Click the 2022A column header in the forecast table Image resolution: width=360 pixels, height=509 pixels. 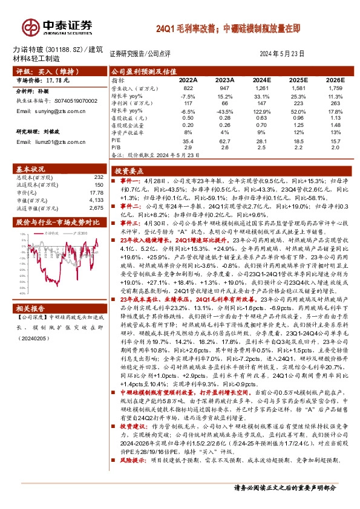pyautogui.click(x=188, y=80)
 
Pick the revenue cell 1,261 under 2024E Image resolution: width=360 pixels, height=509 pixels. pyautogui.click(x=262, y=88)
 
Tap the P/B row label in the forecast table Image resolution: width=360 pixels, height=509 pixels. pyautogui.click(x=117, y=147)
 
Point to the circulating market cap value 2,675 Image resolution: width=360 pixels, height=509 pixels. pyautogui.click(x=97, y=208)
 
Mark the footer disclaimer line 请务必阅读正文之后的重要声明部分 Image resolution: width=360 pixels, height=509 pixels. pyautogui.click(x=293, y=487)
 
